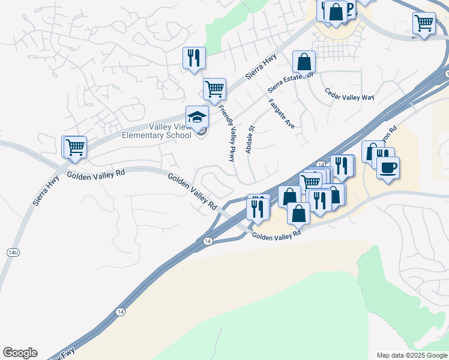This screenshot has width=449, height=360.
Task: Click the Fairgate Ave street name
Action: tap(282, 113)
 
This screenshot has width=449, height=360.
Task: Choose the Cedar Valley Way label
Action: tap(349, 94)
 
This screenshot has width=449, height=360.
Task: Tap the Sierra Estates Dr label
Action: tap(291, 81)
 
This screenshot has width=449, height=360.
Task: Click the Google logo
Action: tap(20, 353)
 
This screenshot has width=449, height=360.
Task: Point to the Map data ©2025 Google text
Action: tap(411, 355)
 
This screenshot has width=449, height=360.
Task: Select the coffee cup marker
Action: tap(388, 167)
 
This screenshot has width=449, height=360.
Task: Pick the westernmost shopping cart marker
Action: tap(74, 146)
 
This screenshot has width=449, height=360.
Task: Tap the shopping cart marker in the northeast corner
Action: tap(424, 23)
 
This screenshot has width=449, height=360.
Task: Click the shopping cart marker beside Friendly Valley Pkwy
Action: tap(214, 89)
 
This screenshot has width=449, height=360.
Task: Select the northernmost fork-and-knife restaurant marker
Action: tap(194, 58)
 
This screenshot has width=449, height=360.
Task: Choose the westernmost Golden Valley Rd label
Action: tap(95, 174)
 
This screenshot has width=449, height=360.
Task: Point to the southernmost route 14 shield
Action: tap(121, 311)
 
